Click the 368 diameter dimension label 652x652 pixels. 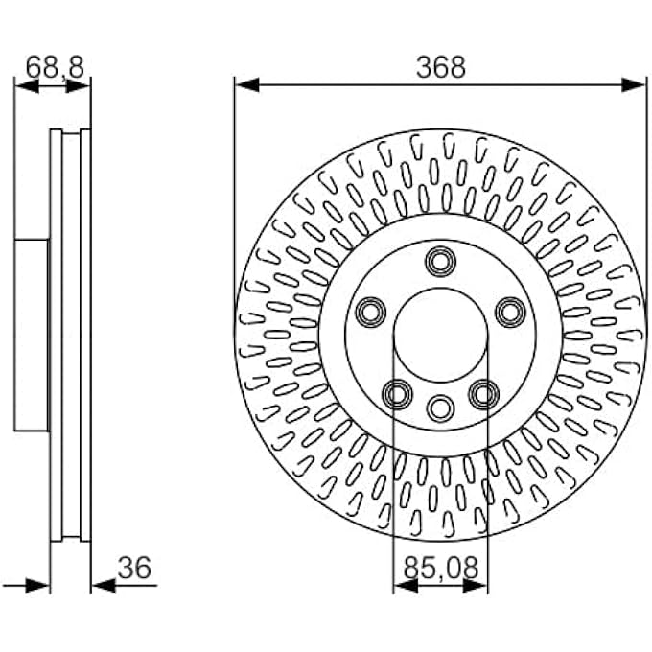click(441, 67)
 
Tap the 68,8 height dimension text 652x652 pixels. click(55, 67)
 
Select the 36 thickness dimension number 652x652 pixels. click(135, 568)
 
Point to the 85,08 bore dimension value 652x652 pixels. click(441, 568)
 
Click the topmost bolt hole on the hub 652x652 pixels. click(441, 262)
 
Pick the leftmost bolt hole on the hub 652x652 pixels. click(371, 313)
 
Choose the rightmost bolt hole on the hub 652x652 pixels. click(511, 313)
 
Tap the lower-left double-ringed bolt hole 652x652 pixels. click(398, 394)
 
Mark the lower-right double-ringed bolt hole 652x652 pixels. click(484, 394)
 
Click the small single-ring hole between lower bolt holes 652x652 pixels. click(441, 408)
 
